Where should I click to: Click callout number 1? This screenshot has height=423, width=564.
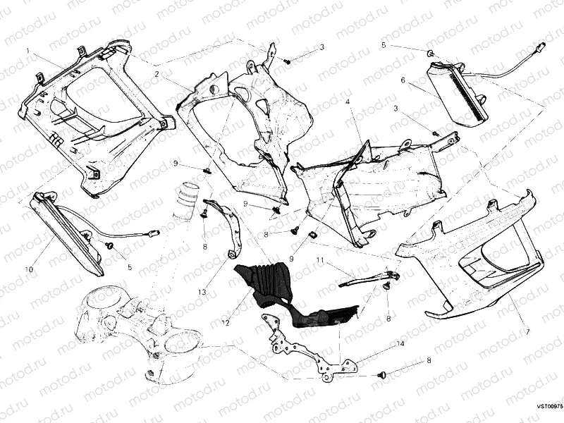pyautogui.click(x=27, y=51)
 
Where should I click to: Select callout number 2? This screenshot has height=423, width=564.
pyautogui.click(x=158, y=73)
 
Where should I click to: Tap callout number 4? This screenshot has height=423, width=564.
pyautogui.click(x=348, y=102)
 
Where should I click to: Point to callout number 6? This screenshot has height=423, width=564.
pyautogui.click(x=403, y=80)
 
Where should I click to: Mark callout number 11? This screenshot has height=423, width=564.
pyautogui.click(x=319, y=260)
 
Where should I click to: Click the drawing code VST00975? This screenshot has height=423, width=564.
pyautogui.click(x=548, y=406)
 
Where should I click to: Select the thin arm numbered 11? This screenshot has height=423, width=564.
pyautogui.click(x=367, y=278)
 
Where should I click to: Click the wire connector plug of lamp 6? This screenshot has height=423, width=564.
pyautogui.click(x=539, y=47)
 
